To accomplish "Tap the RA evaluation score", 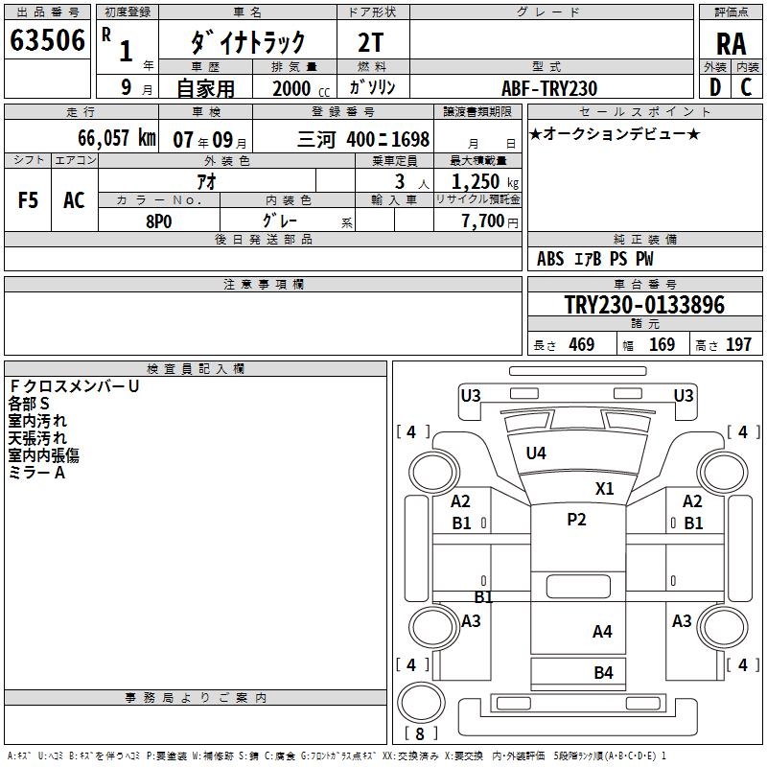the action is (x=731, y=43).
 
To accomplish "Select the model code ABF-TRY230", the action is (x=549, y=88).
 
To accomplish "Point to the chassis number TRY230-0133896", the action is (x=643, y=305).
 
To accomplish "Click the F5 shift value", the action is (x=29, y=200).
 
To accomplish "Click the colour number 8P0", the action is (x=158, y=221).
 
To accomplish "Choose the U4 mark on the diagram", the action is (x=536, y=453).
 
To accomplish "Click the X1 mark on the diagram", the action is (x=604, y=488).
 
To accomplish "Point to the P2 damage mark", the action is (x=576, y=520).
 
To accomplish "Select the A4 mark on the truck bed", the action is (x=602, y=631).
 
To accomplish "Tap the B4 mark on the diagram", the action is (x=603, y=673).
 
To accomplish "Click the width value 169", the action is (x=662, y=344).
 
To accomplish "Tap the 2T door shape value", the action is (x=372, y=41).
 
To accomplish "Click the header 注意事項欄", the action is (x=263, y=285).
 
